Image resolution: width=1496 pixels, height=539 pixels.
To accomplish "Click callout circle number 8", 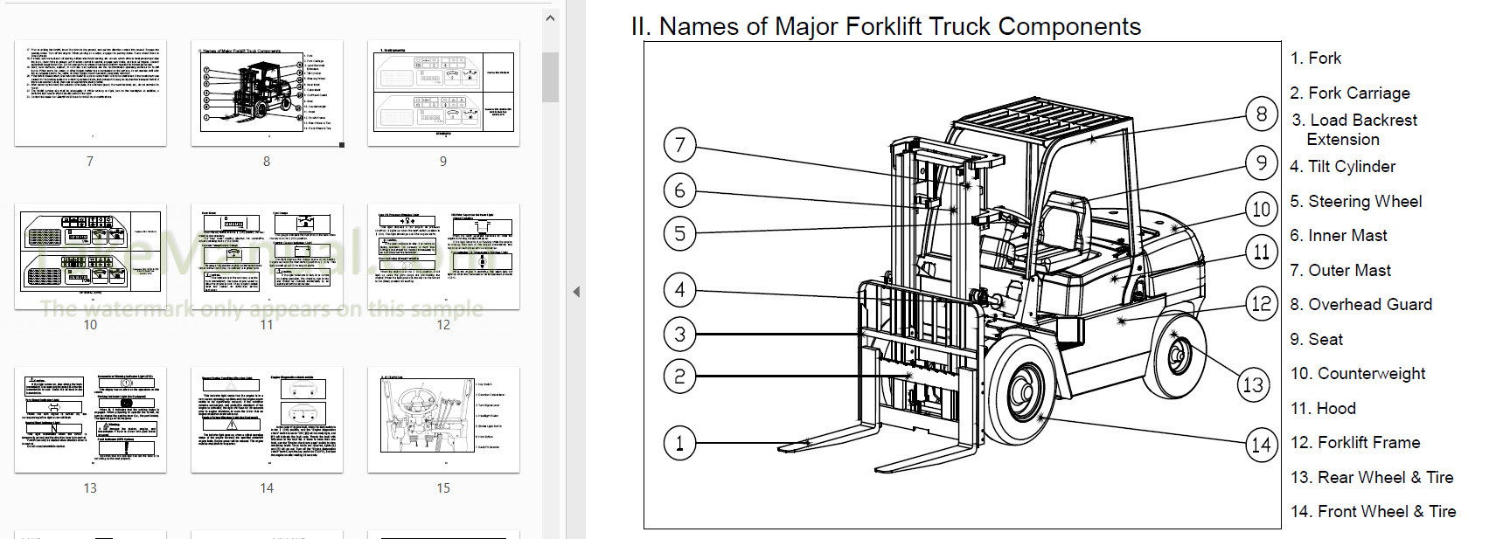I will point(1261,114).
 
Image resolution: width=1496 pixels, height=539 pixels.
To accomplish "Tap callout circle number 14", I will point(1261,445).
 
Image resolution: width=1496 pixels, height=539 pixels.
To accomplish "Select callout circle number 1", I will point(679,442).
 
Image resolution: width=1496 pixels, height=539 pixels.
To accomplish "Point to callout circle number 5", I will point(679,233).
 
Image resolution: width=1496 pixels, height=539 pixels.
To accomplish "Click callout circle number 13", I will point(1253,385).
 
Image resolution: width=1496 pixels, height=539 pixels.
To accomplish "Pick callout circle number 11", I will point(1261,252).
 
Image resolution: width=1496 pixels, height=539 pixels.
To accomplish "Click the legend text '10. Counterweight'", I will point(1358,373).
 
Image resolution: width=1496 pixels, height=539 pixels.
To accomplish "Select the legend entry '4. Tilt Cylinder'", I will point(1343,166).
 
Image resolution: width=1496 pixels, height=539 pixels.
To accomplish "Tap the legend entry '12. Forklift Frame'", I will point(1355,442).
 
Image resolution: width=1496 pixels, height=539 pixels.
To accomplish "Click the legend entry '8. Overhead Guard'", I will point(1360,304).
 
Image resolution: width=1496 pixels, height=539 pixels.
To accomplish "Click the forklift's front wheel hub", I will point(1020,390).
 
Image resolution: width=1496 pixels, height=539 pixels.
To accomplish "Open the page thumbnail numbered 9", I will point(443,93).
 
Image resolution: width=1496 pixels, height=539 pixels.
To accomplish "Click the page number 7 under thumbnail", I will point(90,162).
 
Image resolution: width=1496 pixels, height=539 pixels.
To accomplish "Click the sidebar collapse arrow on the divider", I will point(576,292).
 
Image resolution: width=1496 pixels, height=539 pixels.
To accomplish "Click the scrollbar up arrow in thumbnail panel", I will point(550,17).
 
